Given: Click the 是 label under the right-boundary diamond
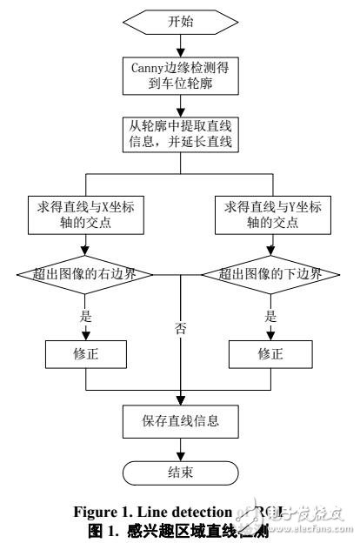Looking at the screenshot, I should point(84,316).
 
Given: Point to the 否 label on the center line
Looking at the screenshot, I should point(180,331).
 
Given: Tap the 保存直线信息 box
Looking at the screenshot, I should point(179,421).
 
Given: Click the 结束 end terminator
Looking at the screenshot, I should point(179,474).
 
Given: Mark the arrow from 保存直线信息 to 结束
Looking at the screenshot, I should point(179,448).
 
